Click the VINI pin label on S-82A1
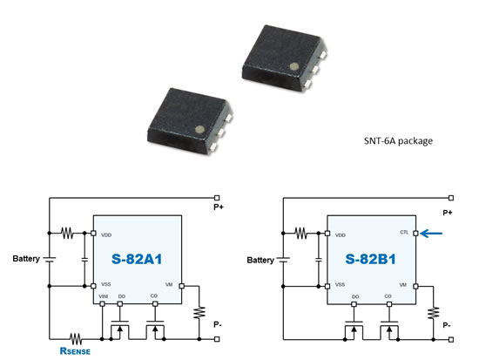click(105, 297)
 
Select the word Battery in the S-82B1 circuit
click(260, 260)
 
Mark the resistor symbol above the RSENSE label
click(75, 336)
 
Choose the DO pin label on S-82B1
click(355, 297)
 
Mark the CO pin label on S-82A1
click(154, 297)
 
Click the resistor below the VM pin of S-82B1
click(432, 311)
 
